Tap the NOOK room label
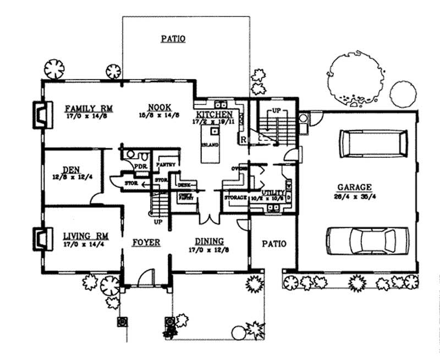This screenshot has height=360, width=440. coord(159,107)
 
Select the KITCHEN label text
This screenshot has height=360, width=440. coord(215,112)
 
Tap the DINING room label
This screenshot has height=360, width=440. coord(209,241)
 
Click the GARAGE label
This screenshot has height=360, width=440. coord(355,187)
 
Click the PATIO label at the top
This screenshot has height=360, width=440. coord(173,39)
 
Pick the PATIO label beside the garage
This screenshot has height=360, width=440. coord(273,243)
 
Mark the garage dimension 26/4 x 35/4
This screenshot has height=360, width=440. coord(355,196)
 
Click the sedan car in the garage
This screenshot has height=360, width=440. coord(367,240)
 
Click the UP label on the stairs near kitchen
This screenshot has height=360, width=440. coord(277,110)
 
